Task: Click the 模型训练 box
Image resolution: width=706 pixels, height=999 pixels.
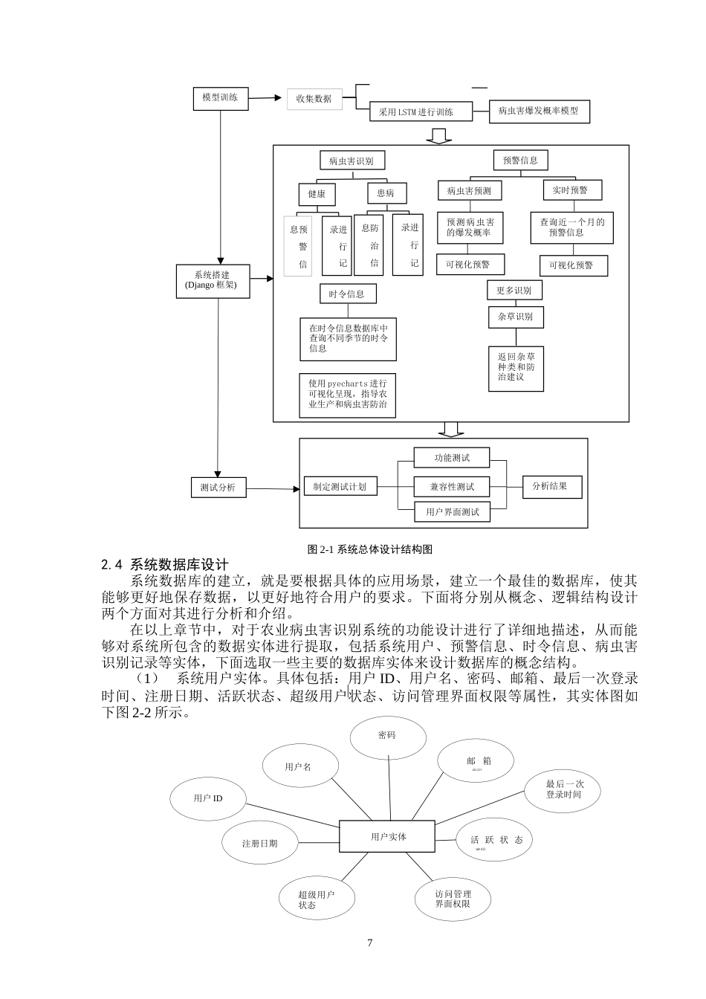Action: tap(220, 97)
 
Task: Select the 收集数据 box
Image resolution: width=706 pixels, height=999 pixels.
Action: tap(314, 99)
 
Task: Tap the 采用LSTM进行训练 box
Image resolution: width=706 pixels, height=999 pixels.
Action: tap(421, 112)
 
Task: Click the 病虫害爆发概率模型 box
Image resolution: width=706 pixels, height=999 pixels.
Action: tap(538, 111)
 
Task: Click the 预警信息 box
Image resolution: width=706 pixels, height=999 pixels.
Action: tap(520, 160)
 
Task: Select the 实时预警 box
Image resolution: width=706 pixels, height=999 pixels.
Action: tap(570, 190)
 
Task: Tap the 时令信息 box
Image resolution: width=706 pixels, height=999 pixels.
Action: tap(347, 294)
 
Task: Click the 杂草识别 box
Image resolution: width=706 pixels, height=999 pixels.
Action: tap(515, 317)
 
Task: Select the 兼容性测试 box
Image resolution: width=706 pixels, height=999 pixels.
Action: tap(452, 487)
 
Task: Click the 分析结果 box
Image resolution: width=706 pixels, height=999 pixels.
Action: tap(551, 487)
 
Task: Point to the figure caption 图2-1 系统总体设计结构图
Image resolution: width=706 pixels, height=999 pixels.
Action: tap(370, 550)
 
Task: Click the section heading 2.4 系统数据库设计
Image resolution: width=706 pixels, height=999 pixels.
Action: tap(165, 566)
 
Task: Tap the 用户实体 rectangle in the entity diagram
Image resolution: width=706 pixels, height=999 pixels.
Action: tap(387, 837)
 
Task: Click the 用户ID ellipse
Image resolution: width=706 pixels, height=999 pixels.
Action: tap(208, 798)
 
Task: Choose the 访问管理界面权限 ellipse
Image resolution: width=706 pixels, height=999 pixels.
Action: tap(453, 899)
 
